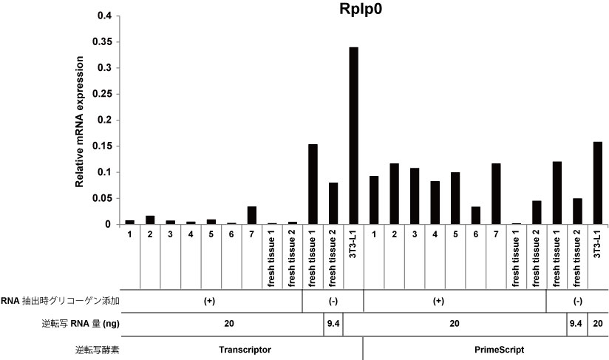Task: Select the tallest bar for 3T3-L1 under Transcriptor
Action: [x=353, y=136]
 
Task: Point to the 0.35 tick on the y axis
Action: [x=101, y=42]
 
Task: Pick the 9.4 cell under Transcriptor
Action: [x=333, y=323]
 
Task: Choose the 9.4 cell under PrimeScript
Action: [x=576, y=323]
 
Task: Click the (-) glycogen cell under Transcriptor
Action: [x=333, y=301]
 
